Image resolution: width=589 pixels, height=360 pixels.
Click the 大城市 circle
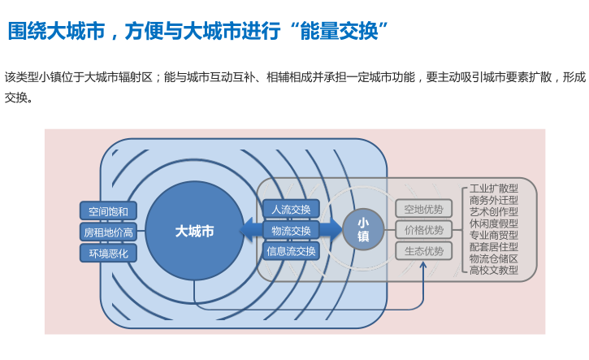[195, 231]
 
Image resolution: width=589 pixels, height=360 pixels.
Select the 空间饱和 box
[108, 211]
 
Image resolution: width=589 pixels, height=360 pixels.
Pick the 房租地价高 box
[108, 232]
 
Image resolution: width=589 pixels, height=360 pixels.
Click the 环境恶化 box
[108, 254]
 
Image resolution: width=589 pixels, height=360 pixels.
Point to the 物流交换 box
[290, 231]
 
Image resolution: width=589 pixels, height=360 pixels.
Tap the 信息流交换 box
[290, 251]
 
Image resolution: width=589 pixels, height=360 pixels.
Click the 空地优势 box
[423, 209]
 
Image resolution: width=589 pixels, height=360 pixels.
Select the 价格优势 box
[423, 230]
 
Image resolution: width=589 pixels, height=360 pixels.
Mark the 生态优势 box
[423, 251]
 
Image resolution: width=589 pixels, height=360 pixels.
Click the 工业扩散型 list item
[494, 189]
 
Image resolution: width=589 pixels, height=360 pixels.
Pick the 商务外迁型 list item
[494, 200]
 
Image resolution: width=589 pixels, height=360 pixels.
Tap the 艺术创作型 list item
[494, 211]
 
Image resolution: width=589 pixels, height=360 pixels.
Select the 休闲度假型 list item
[494, 223]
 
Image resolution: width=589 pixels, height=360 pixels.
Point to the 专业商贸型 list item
[494, 235]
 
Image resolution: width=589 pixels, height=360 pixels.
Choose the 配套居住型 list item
[494, 246]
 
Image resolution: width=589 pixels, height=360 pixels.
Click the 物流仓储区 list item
[494, 258]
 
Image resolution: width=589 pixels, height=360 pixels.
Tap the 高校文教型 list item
[494, 270]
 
